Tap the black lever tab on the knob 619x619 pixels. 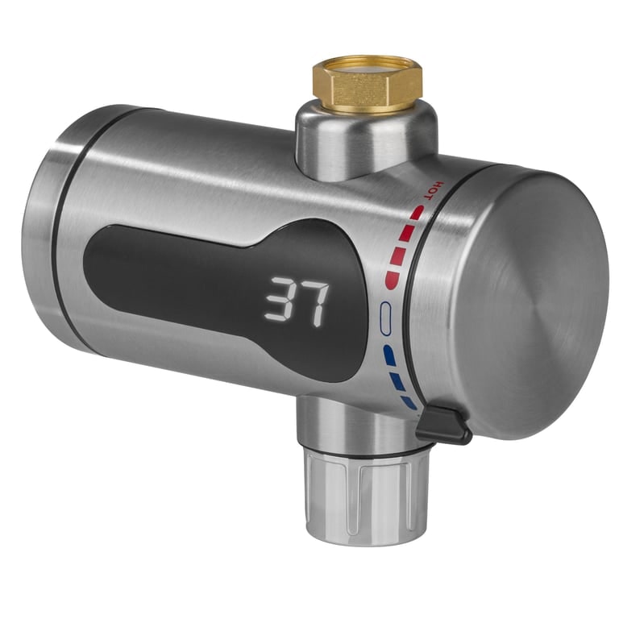[x=442, y=424]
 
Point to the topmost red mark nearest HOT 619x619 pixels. [x=416, y=213]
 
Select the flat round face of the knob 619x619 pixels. [x=532, y=306]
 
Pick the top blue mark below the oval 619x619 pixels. [x=389, y=353]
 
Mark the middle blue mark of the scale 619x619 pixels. [x=397, y=379]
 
